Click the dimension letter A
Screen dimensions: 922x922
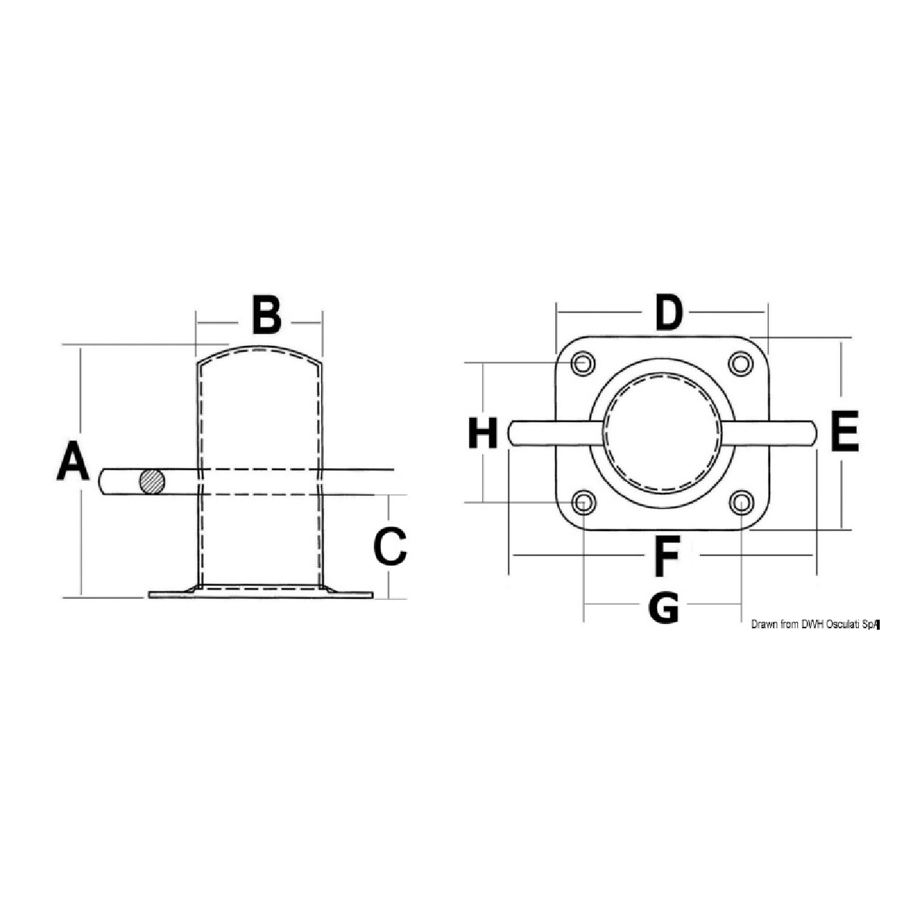tap(73, 460)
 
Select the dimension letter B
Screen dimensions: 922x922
tap(266, 314)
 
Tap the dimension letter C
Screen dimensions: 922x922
tap(390, 546)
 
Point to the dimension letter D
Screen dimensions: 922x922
tap(668, 313)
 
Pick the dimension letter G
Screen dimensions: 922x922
tap(663, 608)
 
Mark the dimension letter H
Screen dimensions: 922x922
tap(483, 433)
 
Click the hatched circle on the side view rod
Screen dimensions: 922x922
tap(152, 482)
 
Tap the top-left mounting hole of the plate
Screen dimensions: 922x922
tap(582, 364)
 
